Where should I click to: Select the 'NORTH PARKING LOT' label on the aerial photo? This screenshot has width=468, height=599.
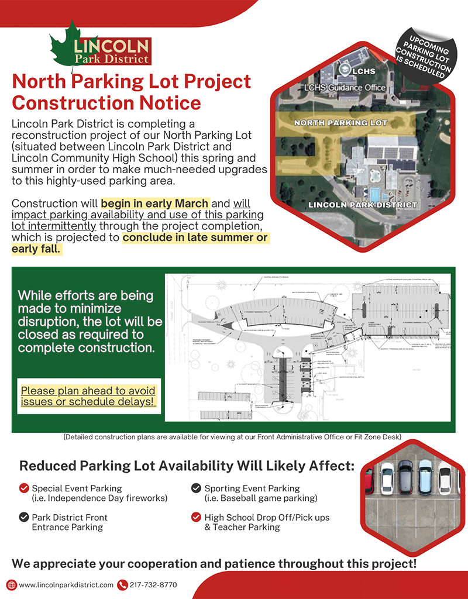(340, 123)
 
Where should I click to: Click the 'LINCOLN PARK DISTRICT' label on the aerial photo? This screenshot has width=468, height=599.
(362, 205)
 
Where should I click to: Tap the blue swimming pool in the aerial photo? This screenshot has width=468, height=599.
(372, 193)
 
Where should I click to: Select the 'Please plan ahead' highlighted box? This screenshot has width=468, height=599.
(88, 396)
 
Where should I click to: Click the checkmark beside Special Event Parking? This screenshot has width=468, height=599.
(24, 488)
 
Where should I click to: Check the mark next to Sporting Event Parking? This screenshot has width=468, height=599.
(196, 488)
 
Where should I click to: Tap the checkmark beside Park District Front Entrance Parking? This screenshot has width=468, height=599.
(24, 517)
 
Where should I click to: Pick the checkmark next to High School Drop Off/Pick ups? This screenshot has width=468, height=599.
(196, 517)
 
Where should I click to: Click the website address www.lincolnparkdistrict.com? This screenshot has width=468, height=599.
(66, 584)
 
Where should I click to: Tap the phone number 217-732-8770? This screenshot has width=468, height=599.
(153, 584)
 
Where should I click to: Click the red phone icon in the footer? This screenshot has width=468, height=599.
(122, 584)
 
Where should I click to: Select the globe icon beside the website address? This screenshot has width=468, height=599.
(11, 584)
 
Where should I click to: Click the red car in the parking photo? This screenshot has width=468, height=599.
(369, 480)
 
